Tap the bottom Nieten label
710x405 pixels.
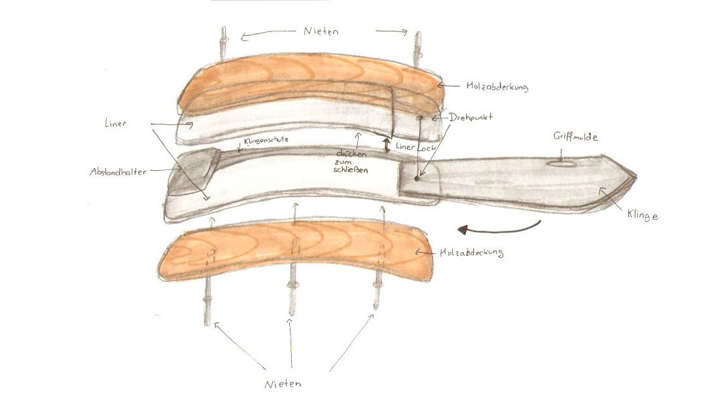285,383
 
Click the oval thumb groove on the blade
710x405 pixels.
561,164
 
